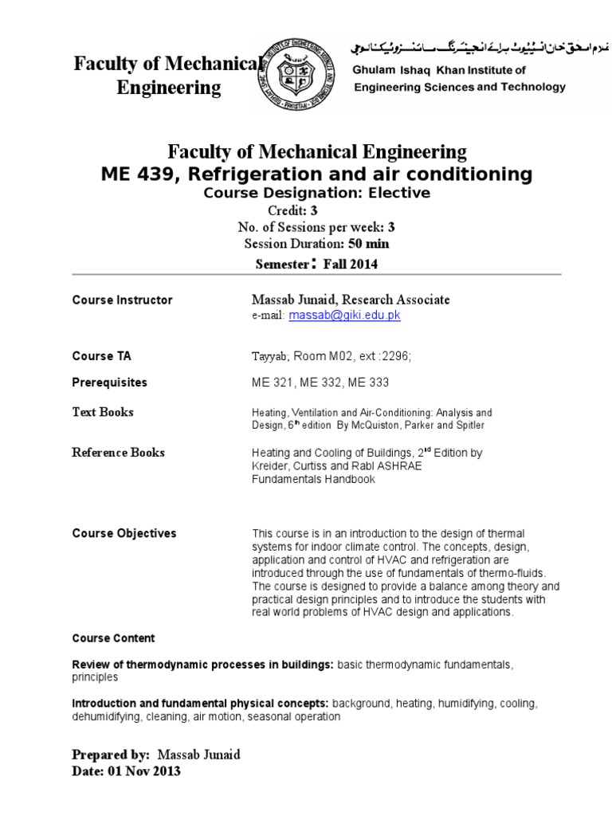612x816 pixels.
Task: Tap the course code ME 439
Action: tap(133, 174)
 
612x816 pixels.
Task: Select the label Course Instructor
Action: tap(122, 300)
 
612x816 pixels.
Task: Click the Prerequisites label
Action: tap(110, 382)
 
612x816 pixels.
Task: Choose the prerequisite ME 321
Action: tap(272, 383)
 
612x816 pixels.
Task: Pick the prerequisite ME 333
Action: tap(368, 383)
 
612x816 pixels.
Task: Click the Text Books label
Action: tap(103, 412)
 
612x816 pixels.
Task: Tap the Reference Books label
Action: tap(119, 453)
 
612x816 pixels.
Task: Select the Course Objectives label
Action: tap(124, 533)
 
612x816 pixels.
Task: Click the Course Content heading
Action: tap(113, 638)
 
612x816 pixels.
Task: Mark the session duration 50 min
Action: tap(368, 244)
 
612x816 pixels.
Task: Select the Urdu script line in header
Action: tap(457, 48)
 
